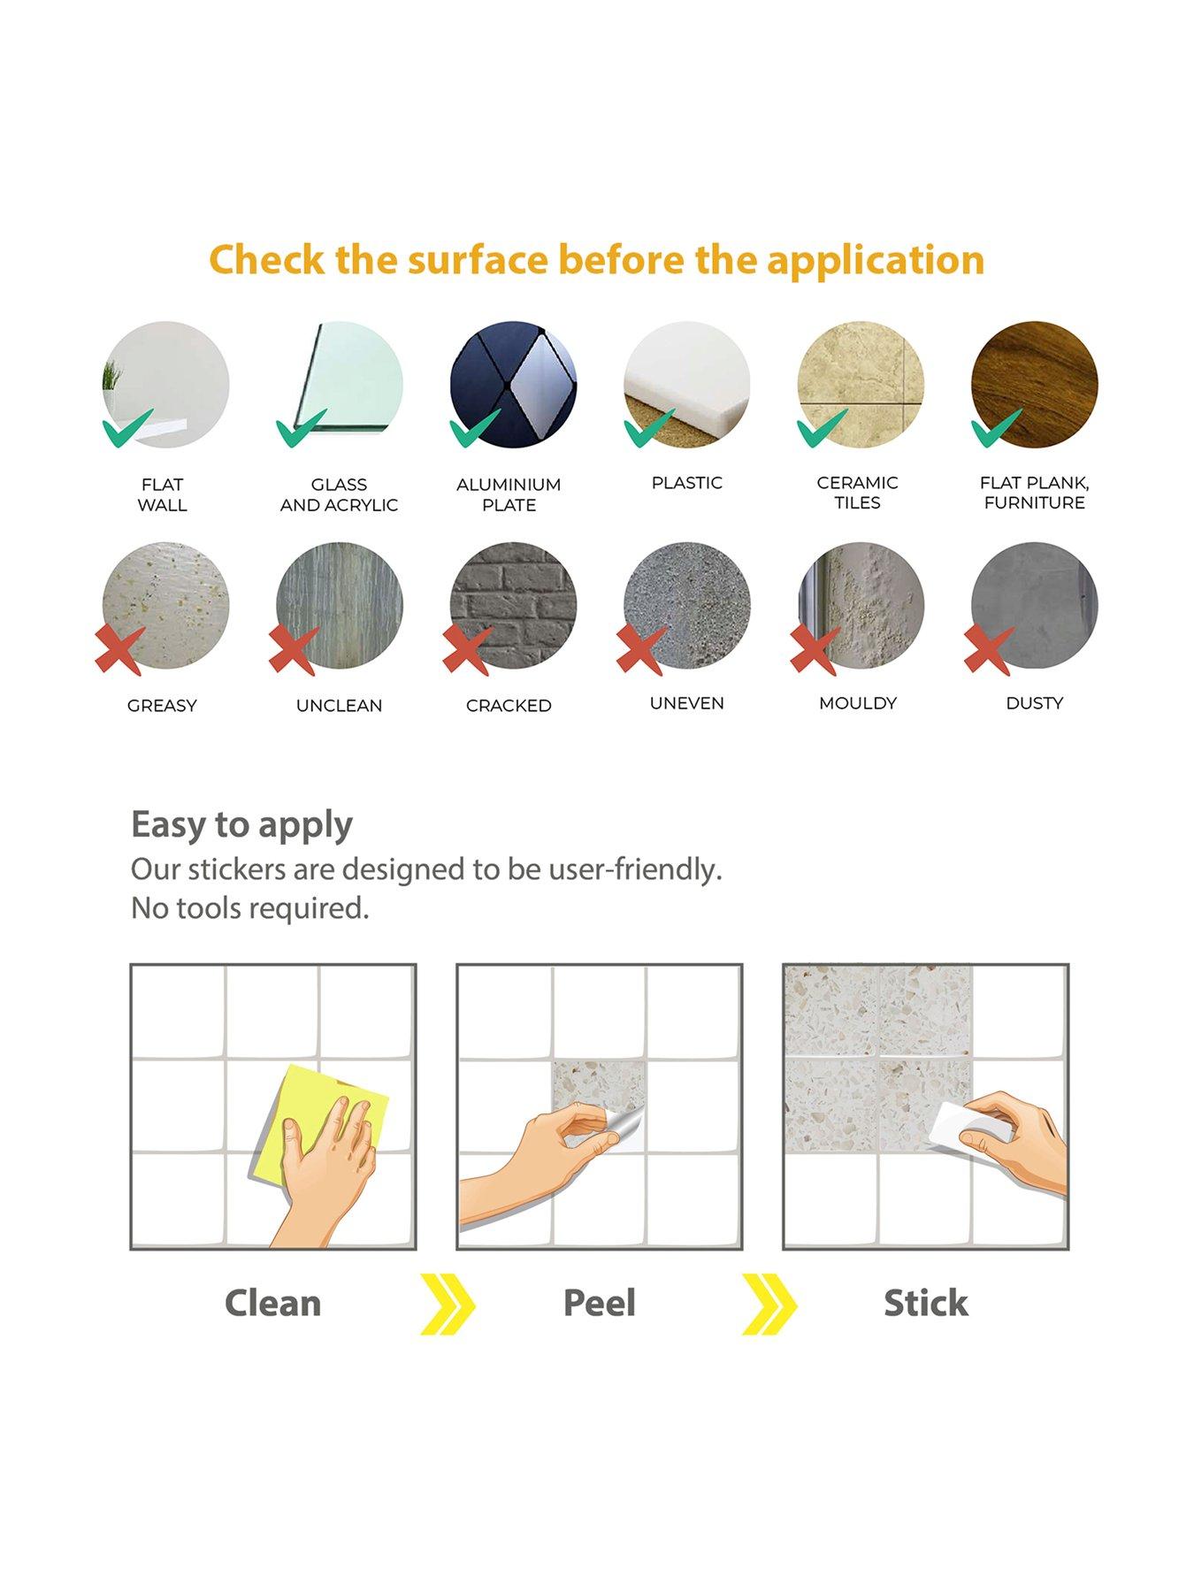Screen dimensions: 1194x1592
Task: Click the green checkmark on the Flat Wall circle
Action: point(126,430)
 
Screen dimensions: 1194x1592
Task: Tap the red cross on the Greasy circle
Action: point(120,650)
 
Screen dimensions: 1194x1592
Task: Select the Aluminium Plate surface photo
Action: point(513,385)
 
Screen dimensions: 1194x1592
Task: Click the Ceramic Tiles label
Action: point(857,493)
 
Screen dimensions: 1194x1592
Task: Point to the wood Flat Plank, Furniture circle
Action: point(1034,385)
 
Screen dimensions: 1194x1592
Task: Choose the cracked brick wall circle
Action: point(513,606)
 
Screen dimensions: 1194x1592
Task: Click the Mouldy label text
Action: point(857,703)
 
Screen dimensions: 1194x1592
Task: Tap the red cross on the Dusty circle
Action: point(989,650)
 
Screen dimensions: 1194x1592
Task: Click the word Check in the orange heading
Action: point(264,260)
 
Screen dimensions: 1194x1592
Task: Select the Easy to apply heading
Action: point(241,824)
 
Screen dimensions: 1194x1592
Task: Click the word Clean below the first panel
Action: point(272,1304)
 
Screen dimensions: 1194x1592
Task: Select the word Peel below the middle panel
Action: point(599,1304)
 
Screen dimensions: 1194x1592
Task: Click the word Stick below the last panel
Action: point(926,1304)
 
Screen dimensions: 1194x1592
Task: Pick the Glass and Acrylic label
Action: point(339,494)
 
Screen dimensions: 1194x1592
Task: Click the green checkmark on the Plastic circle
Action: point(648,430)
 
